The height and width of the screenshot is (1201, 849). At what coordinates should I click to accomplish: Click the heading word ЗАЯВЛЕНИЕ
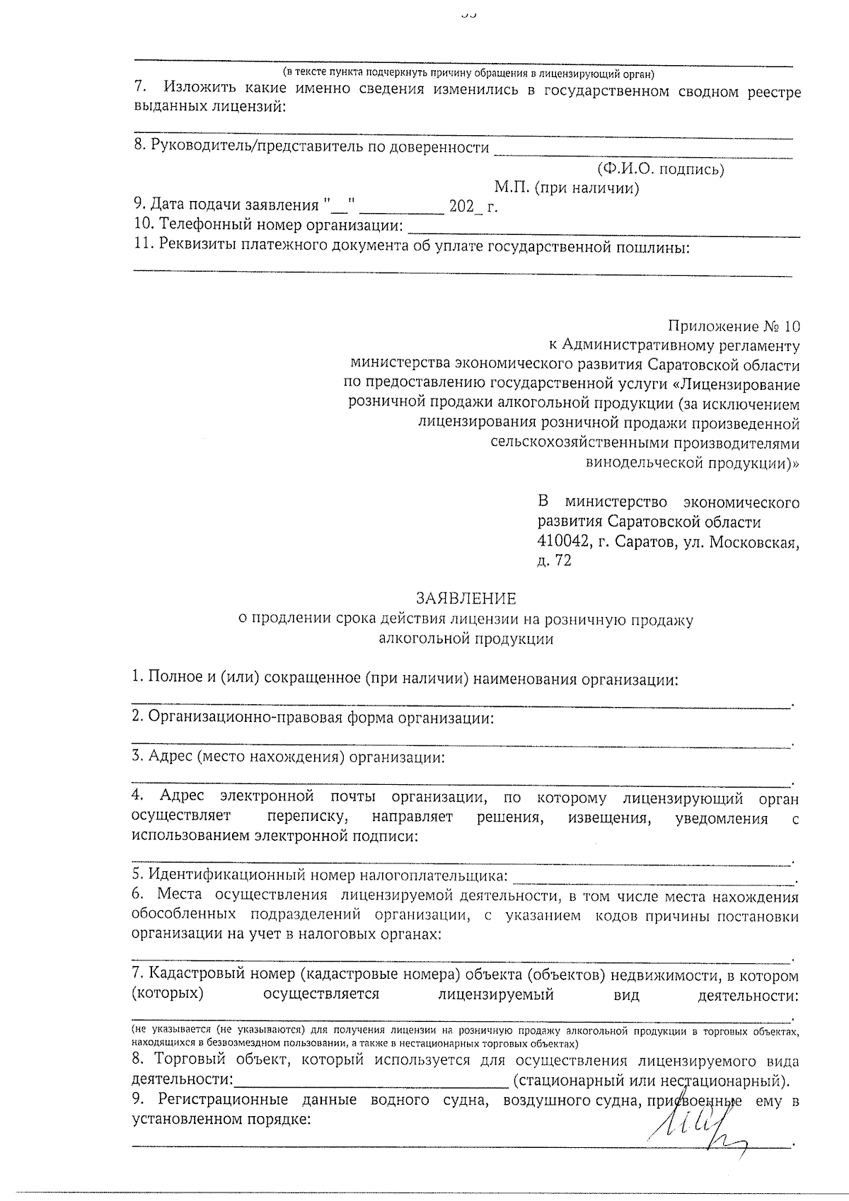point(466,599)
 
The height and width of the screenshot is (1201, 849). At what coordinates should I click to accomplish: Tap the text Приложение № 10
point(734,327)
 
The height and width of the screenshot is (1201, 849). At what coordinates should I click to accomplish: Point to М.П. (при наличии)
point(567,188)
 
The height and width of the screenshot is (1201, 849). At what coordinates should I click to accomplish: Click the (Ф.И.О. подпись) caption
point(660,168)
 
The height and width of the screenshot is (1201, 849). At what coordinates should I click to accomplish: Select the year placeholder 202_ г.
point(473,207)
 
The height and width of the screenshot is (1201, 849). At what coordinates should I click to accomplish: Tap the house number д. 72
point(555,561)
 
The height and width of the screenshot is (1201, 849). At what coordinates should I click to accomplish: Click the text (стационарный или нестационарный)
point(651,1081)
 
